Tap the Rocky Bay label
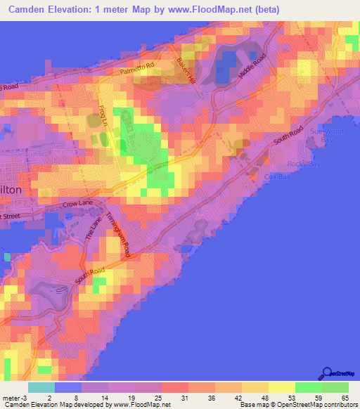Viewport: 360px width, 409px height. pos(303,164)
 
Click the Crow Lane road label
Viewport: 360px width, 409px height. pos(77,204)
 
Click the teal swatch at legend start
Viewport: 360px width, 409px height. pos(40,387)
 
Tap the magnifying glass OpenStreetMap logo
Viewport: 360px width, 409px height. pos(327,373)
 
